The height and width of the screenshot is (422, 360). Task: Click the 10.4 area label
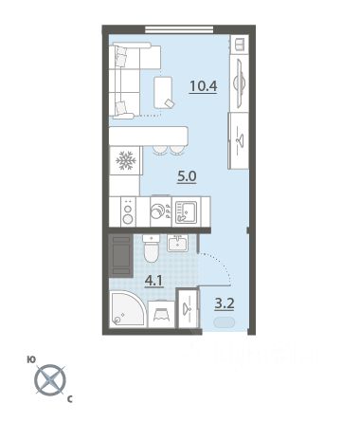pyautogui.click(x=204, y=86)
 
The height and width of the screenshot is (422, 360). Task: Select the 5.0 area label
pyautogui.click(x=187, y=176)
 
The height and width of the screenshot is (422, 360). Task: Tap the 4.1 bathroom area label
pyautogui.click(x=153, y=281)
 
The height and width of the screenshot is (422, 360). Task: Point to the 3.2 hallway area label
pyautogui.click(x=225, y=303)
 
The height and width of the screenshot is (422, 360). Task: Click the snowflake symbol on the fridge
pyautogui.click(x=126, y=160)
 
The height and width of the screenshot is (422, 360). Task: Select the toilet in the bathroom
pyautogui.click(x=152, y=248)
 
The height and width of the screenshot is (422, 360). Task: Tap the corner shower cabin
pyautogui.click(x=128, y=309)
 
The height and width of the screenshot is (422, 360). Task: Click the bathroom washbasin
pyautogui.click(x=177, y=243)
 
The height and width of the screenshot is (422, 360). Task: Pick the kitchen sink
pyautogui.click(x=187, y=211)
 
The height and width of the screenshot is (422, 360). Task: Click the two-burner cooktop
pyautogui.click(x=128, y=211)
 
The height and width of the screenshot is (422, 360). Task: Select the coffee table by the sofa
pyautogui.click(x=163, y=92)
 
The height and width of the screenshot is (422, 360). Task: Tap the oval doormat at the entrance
pyautogui.click(x=225, y=322)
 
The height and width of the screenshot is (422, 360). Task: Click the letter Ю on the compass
pyautogui.click(x=31, y=360)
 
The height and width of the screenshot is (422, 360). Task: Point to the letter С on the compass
pyautogui.click(x=70, y=399)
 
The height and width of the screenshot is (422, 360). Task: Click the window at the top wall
pyautogui.click(x=179, y=29)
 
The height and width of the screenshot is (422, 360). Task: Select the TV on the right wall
pyautogui.click(x=239, y=83)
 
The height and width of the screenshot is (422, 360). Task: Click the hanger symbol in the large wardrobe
pyautogui.click(x=240, y=139)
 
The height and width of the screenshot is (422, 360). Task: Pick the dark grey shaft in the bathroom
pyautogui.click(x=120, y=255)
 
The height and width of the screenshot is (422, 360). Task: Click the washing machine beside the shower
pyautogui.click(x=161, y=314)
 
